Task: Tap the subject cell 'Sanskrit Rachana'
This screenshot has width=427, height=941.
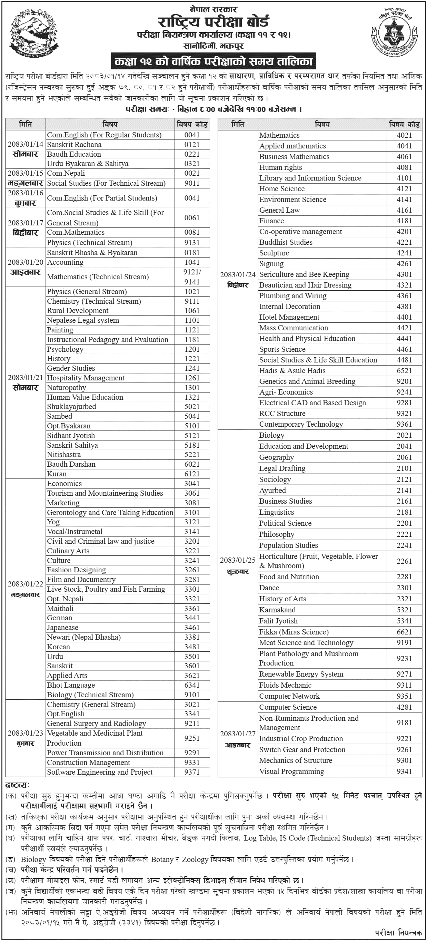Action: pyautogui.click(x=74, y=145)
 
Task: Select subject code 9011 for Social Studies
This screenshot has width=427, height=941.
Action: pyautogui.click(x=192, y=183)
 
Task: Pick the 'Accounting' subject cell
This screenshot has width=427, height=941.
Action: pyautogui.click(x=65, y=262)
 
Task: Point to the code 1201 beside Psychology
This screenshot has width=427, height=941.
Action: pyautogui.click(x=192, y=349)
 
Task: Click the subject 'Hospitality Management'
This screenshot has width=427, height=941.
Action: pyautogui.click(x=86, y=378)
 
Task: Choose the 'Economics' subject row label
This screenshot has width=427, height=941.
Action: pyautogui.click(x=64, y=484)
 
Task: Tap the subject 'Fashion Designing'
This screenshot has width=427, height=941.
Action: pyautogui.click(x=76, y=570)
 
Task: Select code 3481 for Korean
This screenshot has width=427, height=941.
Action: pyautogui.click(x=192, y=647)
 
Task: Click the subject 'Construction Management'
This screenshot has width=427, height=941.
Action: pyautogui.click(x=88, y=763)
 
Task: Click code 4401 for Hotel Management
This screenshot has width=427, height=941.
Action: pyautogui.click(x=404, y=317)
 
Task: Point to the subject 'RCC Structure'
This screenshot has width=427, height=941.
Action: pyautogui.click(x=282, y=414)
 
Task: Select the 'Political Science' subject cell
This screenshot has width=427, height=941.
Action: pyautogui.click(x=285, y=523)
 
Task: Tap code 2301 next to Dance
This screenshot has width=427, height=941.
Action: pyautogui.click(x=404, y=588)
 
